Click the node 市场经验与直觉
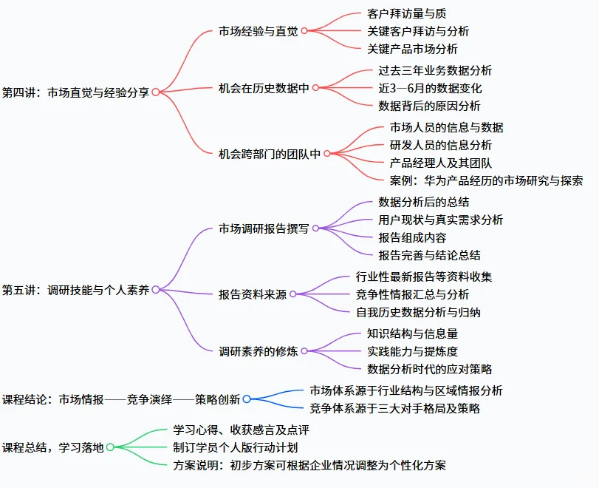coord(258,31)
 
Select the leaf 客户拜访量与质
coord(406,13)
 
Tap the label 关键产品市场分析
coord(412,49)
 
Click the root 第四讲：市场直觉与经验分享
coord(75,92)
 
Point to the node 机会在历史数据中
coord(264,88)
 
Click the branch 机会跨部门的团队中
coord(270,154)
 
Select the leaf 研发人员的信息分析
coord(440,145)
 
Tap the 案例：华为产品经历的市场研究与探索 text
coord(487,180)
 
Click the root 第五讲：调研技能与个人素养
coord(75,290)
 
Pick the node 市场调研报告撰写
coord(264,228)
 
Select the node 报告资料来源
coord(253,294)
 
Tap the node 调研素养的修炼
coord(259,351)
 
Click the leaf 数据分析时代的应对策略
coord(429,369)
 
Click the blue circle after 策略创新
coord(247,399)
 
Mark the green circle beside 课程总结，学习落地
coord(110,447)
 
